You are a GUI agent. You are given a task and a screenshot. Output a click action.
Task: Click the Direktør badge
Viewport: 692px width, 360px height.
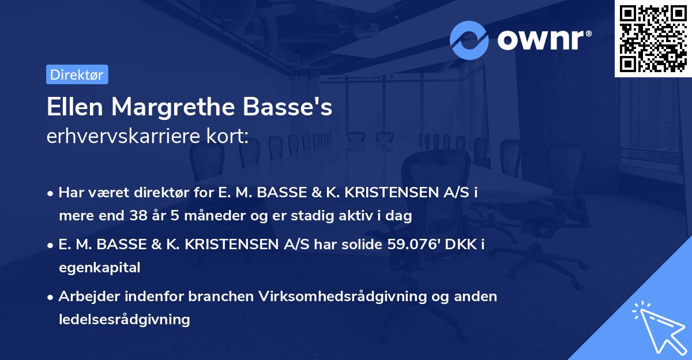click(x=77, y=74)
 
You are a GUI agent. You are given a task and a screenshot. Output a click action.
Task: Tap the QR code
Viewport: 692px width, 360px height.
click(x=653, y=38)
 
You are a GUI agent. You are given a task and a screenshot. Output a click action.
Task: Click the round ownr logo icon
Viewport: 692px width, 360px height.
click(x=469, y=40)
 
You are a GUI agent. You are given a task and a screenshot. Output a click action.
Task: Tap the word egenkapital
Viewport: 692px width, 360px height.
click(x=99, y=268)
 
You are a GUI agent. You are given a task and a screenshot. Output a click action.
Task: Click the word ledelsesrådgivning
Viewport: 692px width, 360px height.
click(x=124, y=319)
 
